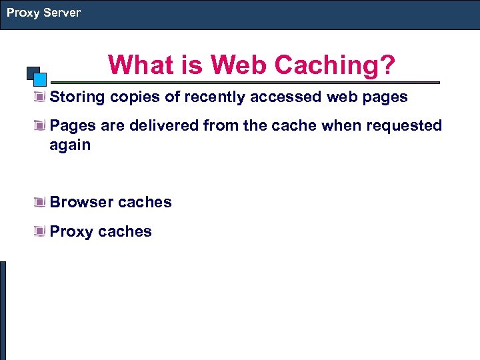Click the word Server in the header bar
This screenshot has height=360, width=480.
pyautogui.click(x=61, y=13)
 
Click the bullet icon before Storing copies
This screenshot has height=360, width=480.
pyautogui.click(x=41, y=97)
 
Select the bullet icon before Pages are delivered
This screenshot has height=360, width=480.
pyautogui.click(x=41, y=126)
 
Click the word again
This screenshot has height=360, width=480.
pyautogui.click(x=70, y=145)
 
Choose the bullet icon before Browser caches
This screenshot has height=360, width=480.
pyautogui.click(x=41, y=203)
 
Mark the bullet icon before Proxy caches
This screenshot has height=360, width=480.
pyautogui.click(x=41, y=232)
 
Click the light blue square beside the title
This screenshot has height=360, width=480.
pyautogui.click(x=39, y=79)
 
